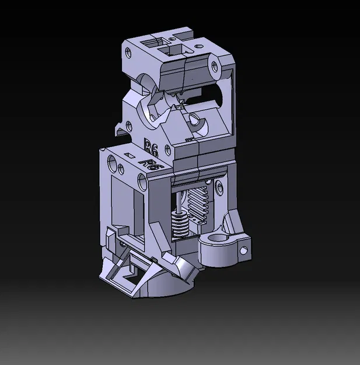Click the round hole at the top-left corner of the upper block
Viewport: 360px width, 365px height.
point(128,53)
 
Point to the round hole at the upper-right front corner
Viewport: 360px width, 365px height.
point(216,65)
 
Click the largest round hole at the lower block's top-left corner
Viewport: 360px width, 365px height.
point(113,159)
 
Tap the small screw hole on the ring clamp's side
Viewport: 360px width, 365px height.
point(243,251)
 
